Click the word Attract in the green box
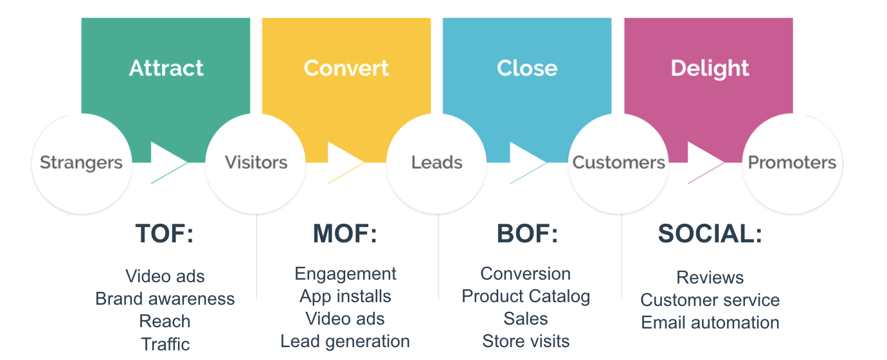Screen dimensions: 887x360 click(x=166, y=68)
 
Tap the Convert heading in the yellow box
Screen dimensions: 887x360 click(x=346, y=68)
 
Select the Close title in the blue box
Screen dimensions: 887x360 click(x=527, y=68)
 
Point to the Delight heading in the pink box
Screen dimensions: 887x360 click(x=710, y=69)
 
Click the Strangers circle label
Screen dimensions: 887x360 click(x=81, y=163)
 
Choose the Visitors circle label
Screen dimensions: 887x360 click(x=256, y=163)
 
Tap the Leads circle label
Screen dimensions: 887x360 click(x=437, y=163)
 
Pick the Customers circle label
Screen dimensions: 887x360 click(x=618, y=163)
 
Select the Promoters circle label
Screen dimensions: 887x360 click(x=792, y=163)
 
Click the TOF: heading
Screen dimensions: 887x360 click(x=165, y=233)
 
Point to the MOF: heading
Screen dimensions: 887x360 click(x=345, y=233)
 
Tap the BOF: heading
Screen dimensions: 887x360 click(x=528, y=233)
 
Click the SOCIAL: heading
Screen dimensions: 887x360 click(x=710, y=233)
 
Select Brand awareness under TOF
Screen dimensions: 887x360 click(x=165, y=299)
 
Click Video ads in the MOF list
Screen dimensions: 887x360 click(x=345, y=319)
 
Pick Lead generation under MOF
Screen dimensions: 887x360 click(x=345, y=341)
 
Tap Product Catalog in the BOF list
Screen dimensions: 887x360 click(x=526, y=296)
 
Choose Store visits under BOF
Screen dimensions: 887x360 click(x=526, y=341)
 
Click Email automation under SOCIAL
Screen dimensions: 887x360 click(x=710, y=322)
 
